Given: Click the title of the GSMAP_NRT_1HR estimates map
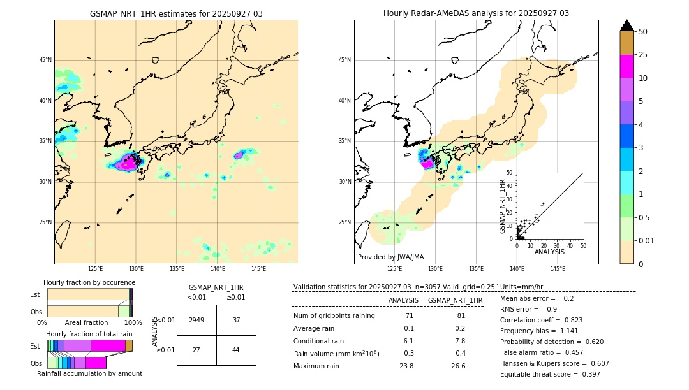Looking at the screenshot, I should pos(176,13).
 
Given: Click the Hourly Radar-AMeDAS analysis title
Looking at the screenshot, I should pos(476,13).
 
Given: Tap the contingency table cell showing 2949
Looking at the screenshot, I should pos(196,320).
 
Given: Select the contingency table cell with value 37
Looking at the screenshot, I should pos(236,320).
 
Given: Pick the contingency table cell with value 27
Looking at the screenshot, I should pos(196,350).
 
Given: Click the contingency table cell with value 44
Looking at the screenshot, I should pos(236,350).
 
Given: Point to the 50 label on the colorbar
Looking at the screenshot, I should pos(643,32).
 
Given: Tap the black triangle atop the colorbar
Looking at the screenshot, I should pos(627,25).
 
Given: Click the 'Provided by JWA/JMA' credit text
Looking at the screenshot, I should pos(390,257).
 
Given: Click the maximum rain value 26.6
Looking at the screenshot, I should pos(458,366).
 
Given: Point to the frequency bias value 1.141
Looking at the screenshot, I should pos(564,331).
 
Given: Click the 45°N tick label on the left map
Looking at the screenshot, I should pos(45,60).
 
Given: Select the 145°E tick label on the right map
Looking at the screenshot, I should pos(558,269).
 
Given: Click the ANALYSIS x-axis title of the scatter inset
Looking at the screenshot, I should pos(549,252).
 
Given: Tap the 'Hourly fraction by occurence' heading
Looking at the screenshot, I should pos(89,283).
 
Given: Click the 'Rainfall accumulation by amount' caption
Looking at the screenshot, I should pos(89,374).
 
